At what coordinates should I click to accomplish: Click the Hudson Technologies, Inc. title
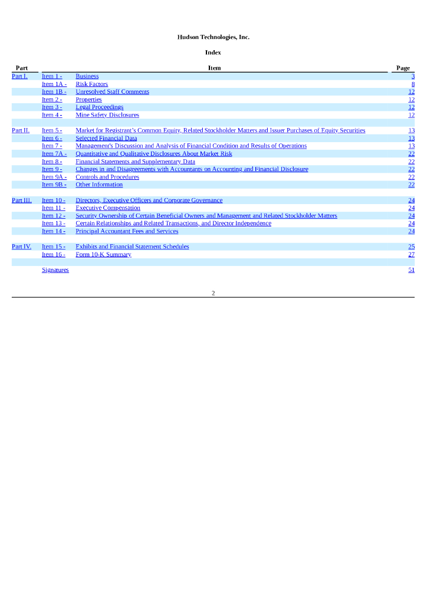(x=213, y=37)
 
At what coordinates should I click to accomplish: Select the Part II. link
(x=20, y=130)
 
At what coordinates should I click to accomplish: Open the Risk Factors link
(x=91, y=84)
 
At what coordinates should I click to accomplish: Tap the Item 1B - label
(x=54, y=92)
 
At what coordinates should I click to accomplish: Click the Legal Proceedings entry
(x=99, y=107)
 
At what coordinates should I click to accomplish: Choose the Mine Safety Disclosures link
(x=107, y=115)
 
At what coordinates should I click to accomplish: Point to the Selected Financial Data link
(x=106, y=138)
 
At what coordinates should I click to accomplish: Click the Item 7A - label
(x=54, y=154)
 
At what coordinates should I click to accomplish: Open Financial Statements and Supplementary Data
(x=135, y=162)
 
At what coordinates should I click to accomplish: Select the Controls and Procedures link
(x=107, y=177)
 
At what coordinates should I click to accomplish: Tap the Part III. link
(x=21, y=201)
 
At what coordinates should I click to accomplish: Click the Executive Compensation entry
(x=108, y=208)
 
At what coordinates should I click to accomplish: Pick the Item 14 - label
(x=53, y=231)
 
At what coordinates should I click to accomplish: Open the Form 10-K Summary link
(x=103, y=254)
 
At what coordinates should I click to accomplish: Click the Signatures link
(x=55, y=270)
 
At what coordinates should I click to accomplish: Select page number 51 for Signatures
(x=411, y=270)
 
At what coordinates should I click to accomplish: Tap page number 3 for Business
(x=413, y=77)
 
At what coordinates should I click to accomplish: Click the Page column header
(x=403, y=68)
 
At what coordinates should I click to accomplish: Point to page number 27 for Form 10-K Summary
(x=411, y=254)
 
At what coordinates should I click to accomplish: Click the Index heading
(x=213, y=52)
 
